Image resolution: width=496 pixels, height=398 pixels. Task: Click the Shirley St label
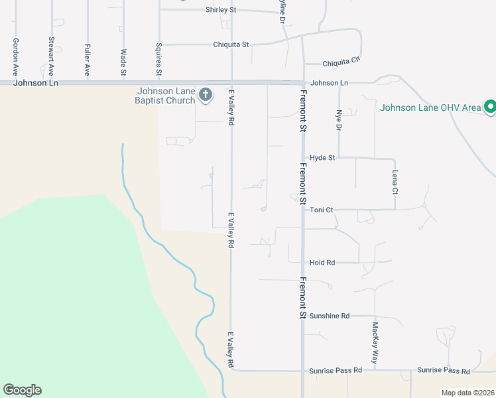pos(221,10)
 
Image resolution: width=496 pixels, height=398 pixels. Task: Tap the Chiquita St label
pos(231,44)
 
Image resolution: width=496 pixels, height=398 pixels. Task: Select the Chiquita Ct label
pos(341,62)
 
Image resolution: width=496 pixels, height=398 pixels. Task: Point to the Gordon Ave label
pos(15,57)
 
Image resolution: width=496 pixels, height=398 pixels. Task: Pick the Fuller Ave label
pos(87,58)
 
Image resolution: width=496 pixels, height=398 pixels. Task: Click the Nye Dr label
pos(338,120)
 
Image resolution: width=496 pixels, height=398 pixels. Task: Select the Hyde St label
pos(322,158)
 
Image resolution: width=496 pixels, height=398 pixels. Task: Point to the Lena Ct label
pos(395,182)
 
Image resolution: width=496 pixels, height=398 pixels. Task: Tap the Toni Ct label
pos(321,210)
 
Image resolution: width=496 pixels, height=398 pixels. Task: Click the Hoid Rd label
pos(322,263)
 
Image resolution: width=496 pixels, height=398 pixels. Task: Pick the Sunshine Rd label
pos(329,316)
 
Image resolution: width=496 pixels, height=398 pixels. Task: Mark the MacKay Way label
pos(375,342)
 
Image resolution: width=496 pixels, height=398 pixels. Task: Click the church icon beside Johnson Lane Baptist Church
pos(206,95)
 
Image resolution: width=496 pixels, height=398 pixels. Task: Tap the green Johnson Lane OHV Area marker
pos(490,106)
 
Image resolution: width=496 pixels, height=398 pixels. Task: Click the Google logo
pos(22,390)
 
